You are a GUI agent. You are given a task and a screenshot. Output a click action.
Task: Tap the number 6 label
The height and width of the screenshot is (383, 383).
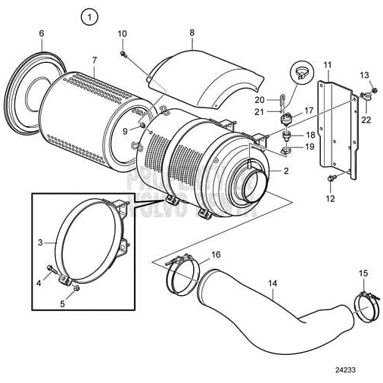[41, 33]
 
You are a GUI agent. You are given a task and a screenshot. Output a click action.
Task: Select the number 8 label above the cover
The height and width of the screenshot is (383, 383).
[191, 33]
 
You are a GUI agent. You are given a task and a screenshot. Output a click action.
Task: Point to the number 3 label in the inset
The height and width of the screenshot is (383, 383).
[40, 243]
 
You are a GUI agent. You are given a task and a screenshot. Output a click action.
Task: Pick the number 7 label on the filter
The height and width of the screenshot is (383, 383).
[94, 59]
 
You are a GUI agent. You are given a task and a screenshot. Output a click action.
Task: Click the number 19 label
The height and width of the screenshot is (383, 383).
[310, 146]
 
